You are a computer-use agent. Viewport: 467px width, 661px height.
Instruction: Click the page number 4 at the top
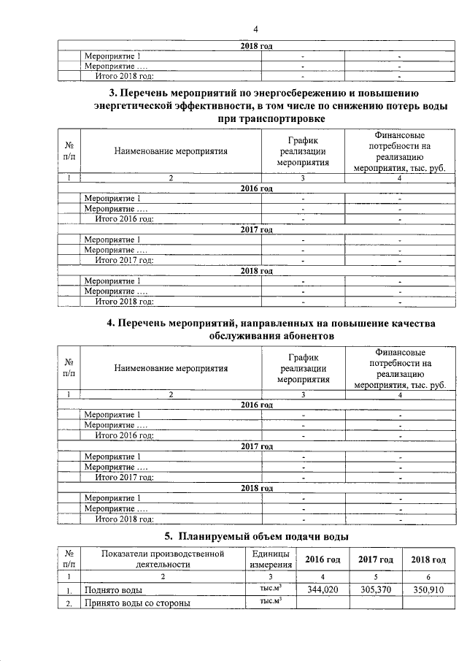[256, 28]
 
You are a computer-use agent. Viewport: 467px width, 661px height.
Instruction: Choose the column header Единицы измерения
[271, 559]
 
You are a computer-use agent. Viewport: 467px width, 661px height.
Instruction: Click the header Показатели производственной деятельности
[162, 559]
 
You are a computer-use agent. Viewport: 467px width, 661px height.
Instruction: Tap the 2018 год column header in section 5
[428, 559]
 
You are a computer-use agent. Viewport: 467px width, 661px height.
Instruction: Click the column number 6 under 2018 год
[428, 576]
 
